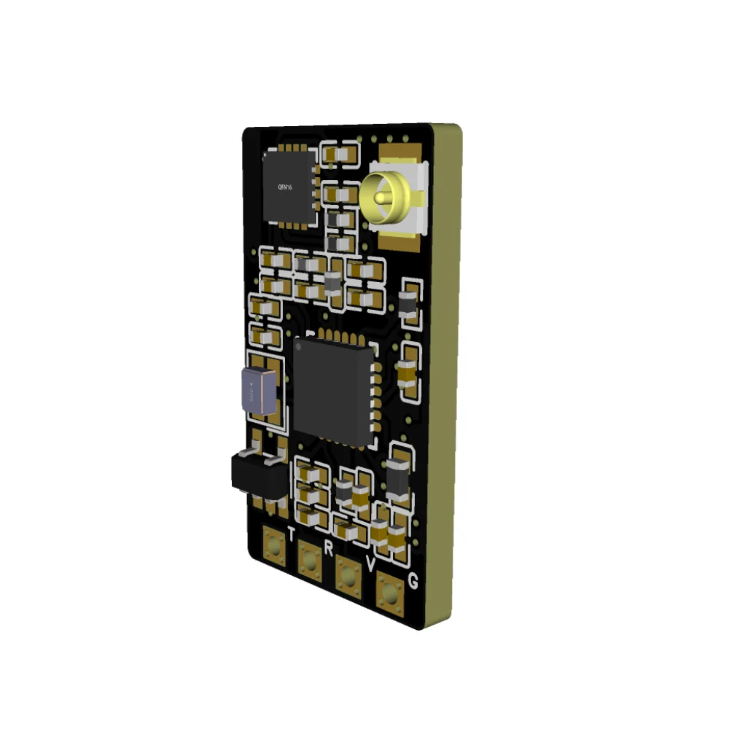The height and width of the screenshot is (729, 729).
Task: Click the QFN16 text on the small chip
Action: coord(284,187)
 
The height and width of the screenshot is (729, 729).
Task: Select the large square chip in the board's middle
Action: coord(334,391)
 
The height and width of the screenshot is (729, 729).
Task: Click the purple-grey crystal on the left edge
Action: coord(258,390)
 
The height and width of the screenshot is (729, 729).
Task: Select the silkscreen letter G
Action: coord(413,581)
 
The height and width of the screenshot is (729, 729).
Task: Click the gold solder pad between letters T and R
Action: coord(310,559)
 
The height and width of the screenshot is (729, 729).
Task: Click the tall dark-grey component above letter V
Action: coord(398,477)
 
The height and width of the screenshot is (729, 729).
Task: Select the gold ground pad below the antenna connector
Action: coord(399,241)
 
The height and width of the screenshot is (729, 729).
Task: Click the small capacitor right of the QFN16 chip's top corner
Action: coord(337,155)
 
